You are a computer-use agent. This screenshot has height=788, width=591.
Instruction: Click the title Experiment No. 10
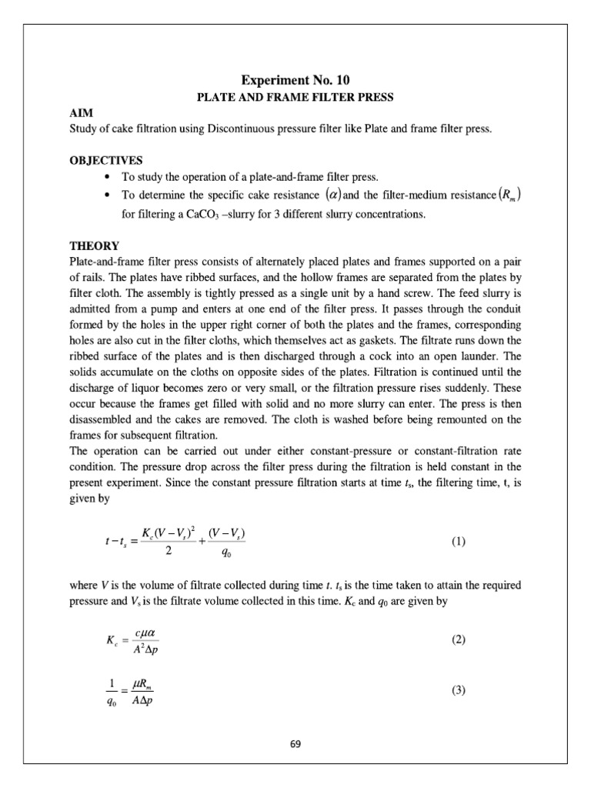(x=295, y=80)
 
